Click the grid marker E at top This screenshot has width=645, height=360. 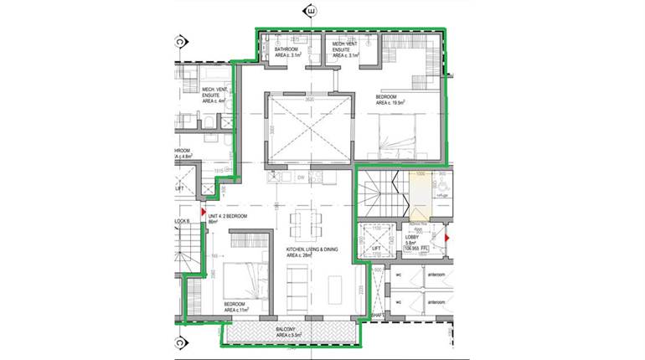(x=312, y=11)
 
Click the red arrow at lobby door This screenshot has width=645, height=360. (x=446, y=239)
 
